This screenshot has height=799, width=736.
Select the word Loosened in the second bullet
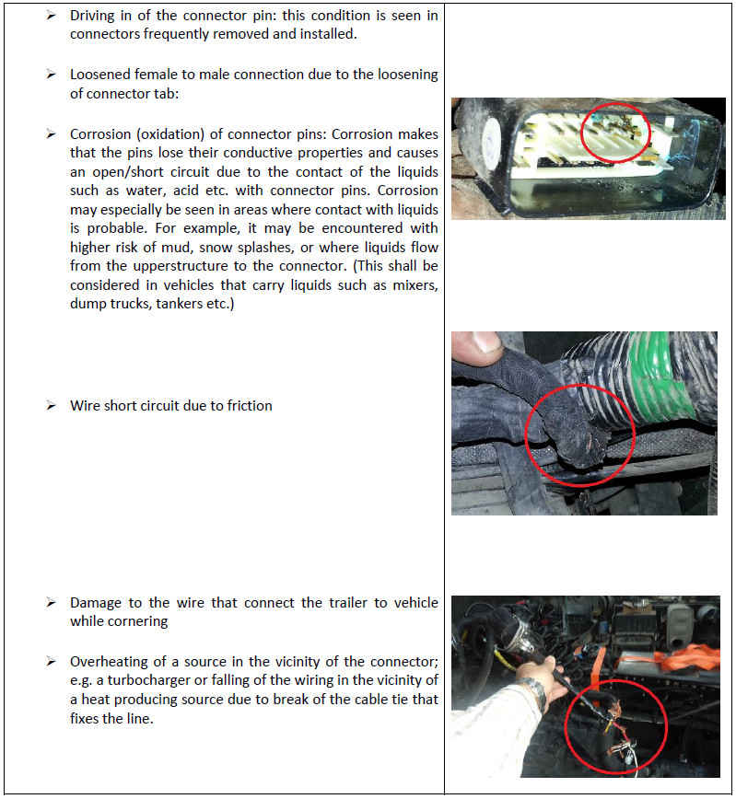click(100, 75)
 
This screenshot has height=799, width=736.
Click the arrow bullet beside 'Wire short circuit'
click(52, 405)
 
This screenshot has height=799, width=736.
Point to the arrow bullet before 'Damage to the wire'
click(52, 603)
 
